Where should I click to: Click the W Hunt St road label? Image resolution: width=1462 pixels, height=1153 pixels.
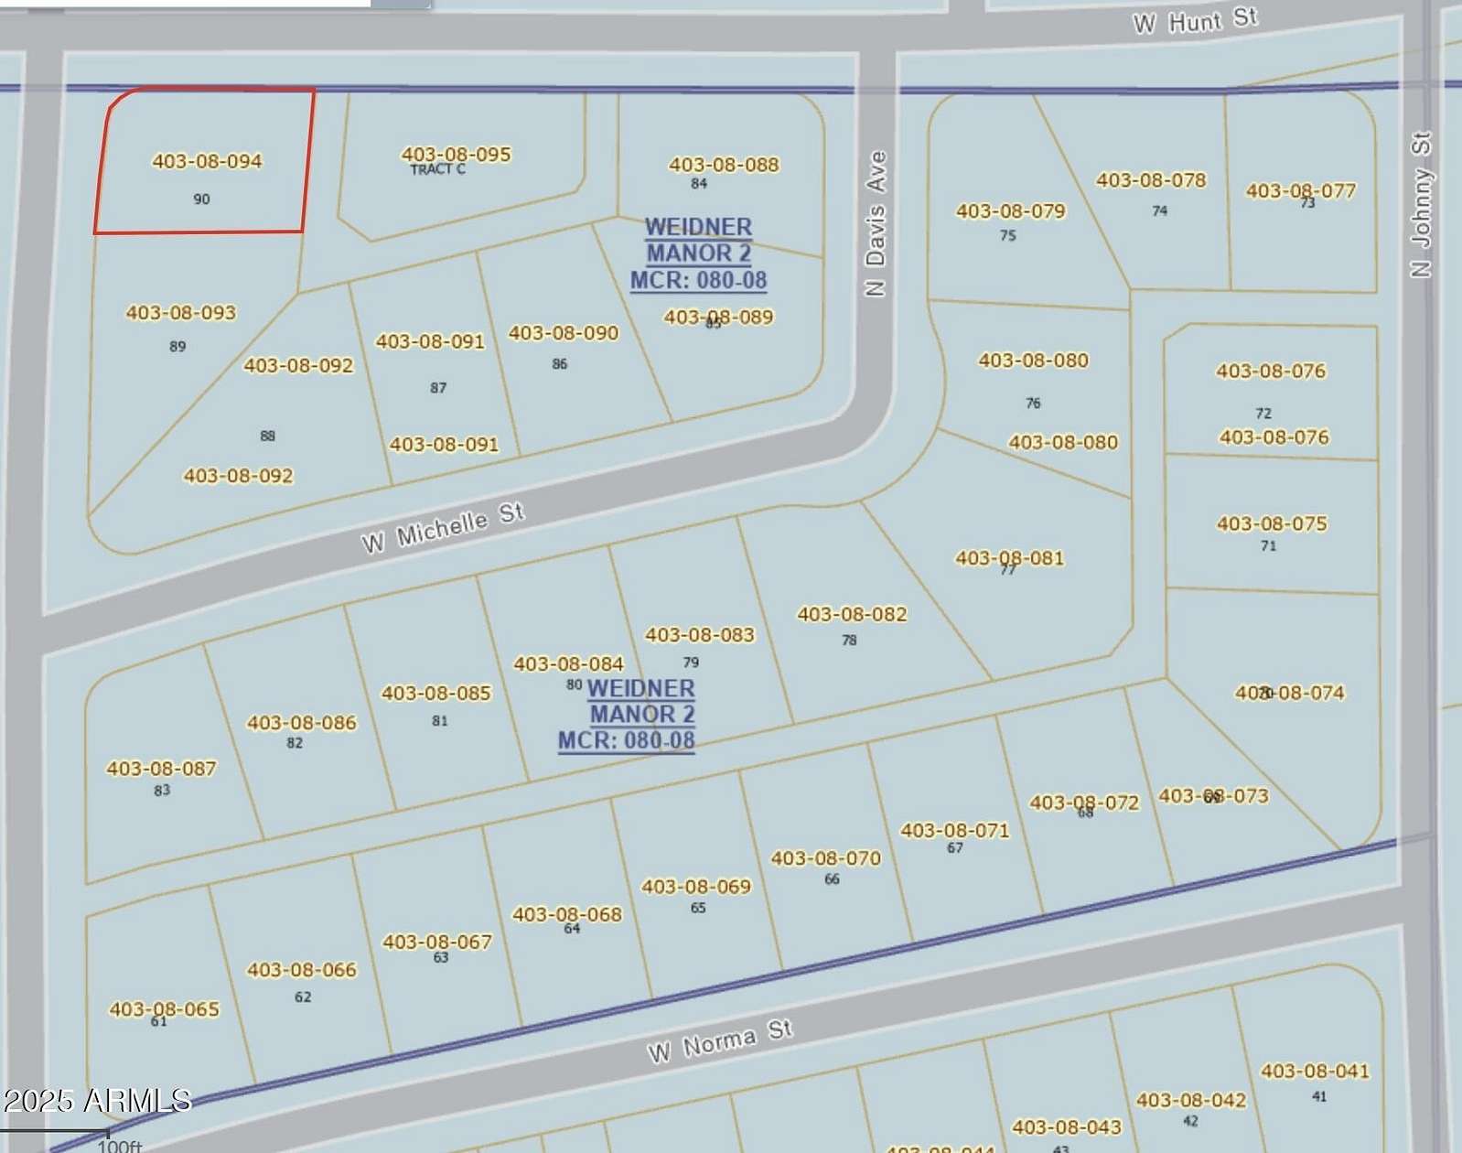1195,20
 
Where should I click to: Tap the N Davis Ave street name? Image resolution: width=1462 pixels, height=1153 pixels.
876,223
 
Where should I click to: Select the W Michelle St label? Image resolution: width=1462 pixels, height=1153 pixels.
443,528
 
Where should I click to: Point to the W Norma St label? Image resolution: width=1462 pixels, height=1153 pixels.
719,1041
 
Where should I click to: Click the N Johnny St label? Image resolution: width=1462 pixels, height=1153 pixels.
1420,204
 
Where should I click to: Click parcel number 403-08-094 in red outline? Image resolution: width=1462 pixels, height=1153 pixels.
207,161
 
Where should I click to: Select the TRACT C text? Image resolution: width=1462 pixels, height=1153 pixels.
437,169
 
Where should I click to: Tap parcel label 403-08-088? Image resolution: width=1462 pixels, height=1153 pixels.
724,165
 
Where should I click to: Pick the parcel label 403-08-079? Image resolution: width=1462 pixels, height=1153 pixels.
1010,211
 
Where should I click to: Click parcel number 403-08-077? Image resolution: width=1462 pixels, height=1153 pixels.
1300,190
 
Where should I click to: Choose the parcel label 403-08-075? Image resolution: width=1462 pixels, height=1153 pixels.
1271,523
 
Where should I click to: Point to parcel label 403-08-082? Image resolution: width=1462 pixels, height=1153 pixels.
852,614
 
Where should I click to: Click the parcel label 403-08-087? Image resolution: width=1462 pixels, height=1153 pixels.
161,769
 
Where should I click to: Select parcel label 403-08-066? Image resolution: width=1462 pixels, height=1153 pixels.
301,970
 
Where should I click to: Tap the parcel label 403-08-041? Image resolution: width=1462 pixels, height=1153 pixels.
1315,1071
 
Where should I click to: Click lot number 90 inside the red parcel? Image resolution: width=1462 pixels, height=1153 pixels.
201,199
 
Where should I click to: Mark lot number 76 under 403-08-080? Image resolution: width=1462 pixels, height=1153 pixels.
1033,403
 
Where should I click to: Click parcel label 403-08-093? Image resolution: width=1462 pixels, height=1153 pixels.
180,313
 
